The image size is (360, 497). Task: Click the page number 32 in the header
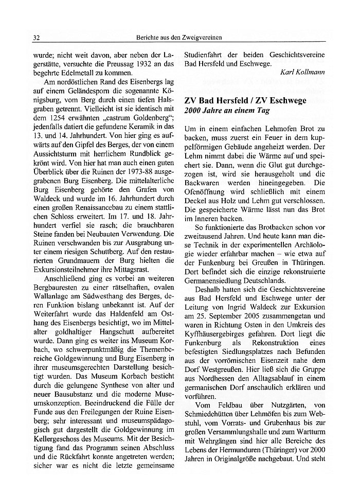pyautogui.click(x=37, y=38)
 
